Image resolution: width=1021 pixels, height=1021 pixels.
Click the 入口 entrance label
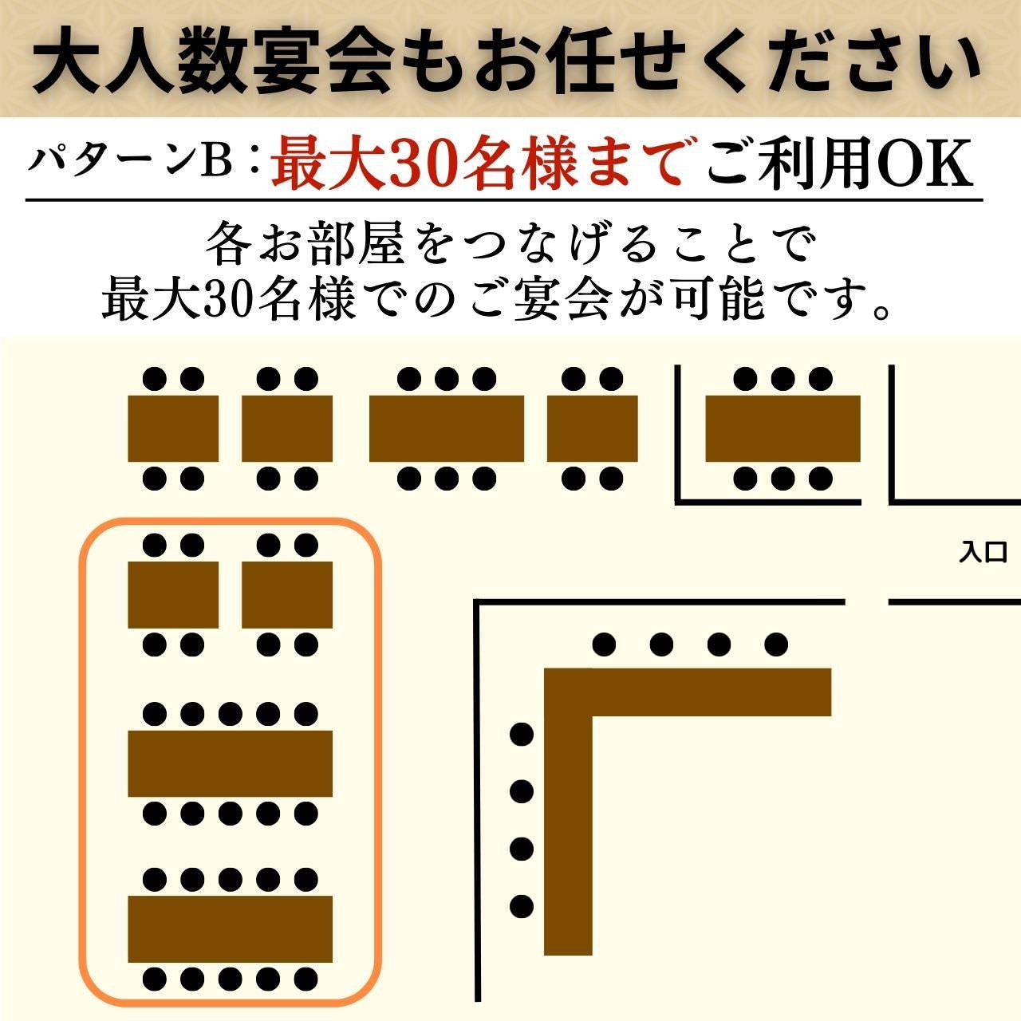[984, 552]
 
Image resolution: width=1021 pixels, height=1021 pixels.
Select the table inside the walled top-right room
[783, 428]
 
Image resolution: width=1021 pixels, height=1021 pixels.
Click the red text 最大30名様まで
[477, 164]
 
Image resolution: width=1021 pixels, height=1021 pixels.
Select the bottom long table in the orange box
[230, 929]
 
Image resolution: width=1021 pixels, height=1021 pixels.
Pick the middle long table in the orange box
[230, 763]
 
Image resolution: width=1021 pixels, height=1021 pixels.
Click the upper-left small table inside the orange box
[173, 595]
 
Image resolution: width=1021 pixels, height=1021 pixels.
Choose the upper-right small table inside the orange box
[287, 595]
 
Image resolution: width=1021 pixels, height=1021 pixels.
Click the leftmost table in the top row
[173, 428]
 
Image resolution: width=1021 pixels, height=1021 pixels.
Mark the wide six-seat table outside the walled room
[446, 428]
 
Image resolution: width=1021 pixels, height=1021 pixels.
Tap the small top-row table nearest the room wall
[592, 428]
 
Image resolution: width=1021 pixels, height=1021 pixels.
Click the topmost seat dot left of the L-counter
[521, 734]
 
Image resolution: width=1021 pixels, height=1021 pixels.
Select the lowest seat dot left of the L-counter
[521, 906]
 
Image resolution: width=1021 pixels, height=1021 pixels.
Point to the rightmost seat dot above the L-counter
[776, 643]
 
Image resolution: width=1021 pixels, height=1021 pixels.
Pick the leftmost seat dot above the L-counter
[605, 643]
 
